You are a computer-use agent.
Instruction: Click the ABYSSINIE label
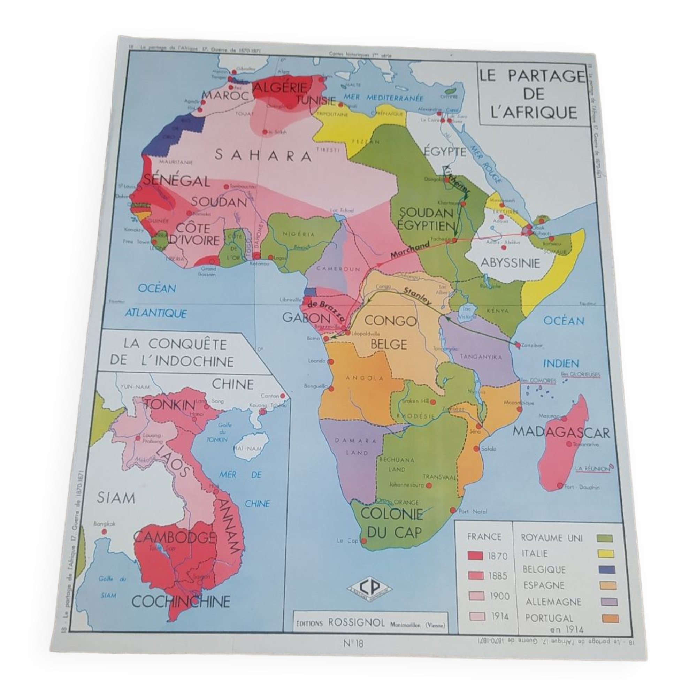(510, 263)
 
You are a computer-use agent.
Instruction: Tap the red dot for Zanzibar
(518, 345)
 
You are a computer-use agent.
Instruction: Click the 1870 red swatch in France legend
(475, 556)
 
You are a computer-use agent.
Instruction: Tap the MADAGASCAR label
(561, 432)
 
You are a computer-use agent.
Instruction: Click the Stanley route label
(418, 297)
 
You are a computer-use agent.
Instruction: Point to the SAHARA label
(263, 156)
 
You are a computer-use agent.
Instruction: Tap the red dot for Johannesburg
(429, 485)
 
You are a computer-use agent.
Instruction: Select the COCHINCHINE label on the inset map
(181, 601)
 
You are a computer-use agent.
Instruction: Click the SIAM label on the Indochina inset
(116, 498)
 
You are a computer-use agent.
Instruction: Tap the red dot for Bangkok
(104, 532)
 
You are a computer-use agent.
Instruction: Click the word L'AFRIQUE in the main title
(534, 113)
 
